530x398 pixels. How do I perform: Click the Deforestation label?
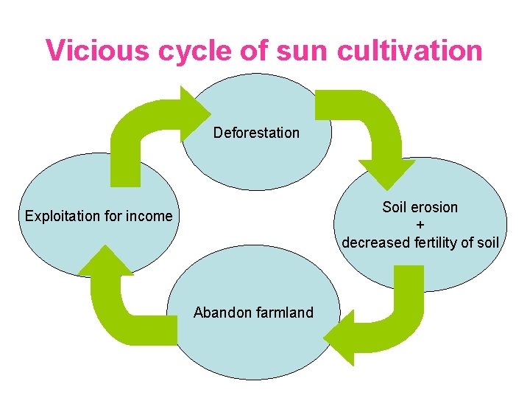[256, 133]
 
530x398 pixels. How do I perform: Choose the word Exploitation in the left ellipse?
[61, 216]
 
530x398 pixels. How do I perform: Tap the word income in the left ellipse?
[151, 216]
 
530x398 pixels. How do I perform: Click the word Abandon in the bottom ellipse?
[220, 313]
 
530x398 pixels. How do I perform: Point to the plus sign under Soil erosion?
[420, 225]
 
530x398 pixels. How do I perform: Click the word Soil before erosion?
[395, 207]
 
